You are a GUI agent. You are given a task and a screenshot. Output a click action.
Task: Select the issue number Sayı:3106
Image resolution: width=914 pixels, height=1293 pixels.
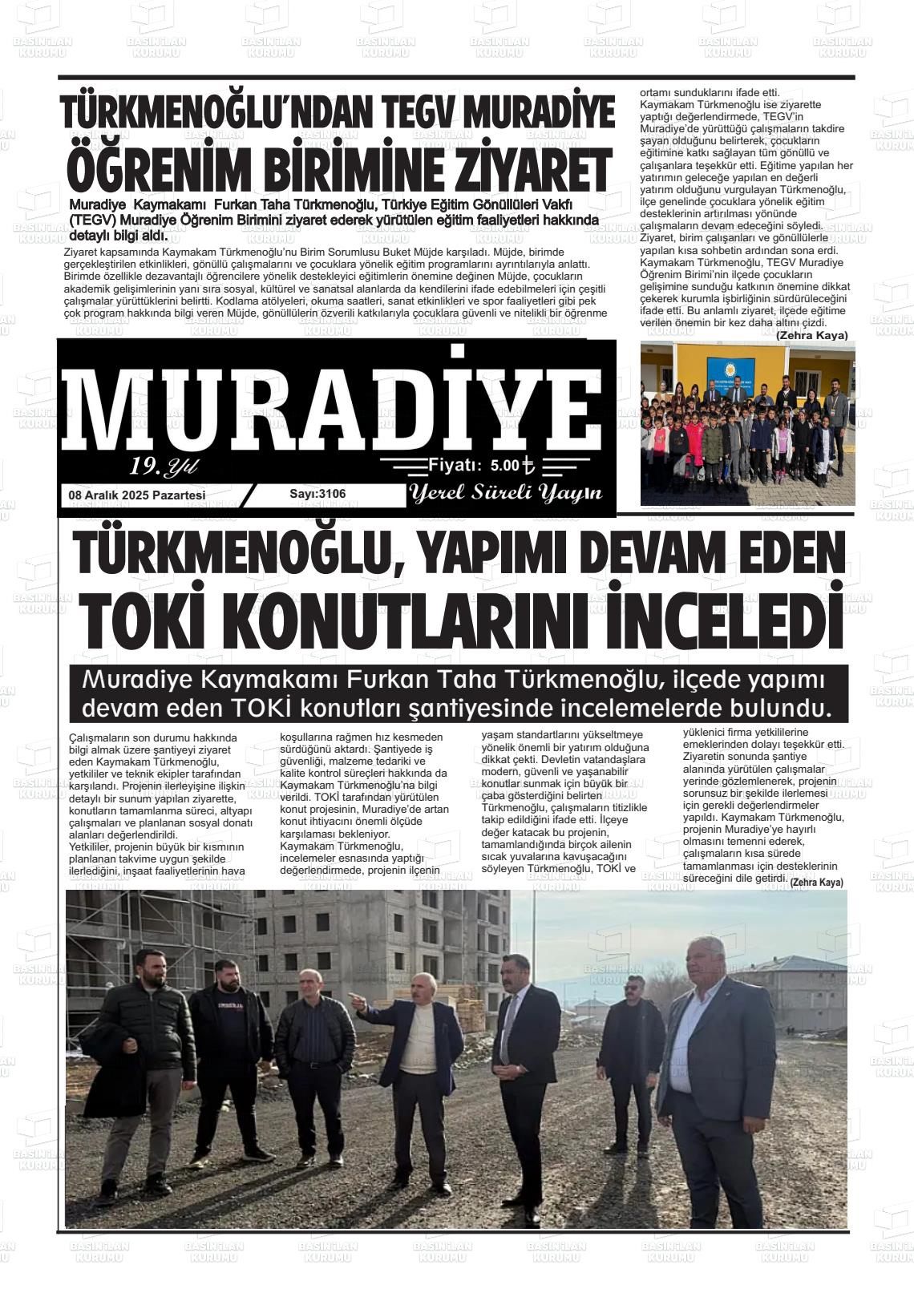point(317,494)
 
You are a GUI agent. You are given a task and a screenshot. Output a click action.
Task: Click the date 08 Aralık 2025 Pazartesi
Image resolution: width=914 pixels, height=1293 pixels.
point(137,495)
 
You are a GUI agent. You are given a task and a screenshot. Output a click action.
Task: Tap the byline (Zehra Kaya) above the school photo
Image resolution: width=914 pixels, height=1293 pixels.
point(811,334)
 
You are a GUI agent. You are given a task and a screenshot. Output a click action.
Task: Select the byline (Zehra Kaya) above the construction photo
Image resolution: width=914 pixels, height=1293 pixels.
point(816,882)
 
